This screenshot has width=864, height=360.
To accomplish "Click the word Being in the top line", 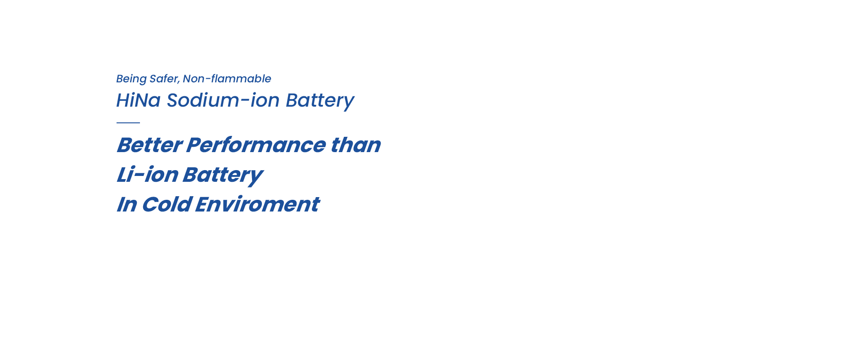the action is [x=131, y=79].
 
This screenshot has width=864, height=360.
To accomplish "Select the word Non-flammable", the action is [x=227, y=79].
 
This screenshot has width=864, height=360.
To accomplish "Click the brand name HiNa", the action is [x=138, y=100].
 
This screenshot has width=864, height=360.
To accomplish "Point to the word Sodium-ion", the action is [x=223, y=100].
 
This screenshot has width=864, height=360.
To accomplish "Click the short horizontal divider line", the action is [x=128, y=122].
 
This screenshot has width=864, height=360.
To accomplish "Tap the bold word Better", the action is [x=149, y=145].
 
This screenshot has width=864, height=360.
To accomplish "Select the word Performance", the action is [x=256, y=145].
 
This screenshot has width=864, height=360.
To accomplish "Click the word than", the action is [x=355, y=145].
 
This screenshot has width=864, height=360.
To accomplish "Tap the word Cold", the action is [x=166, y=204].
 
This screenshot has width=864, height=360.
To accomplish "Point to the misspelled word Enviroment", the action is [x=257, y=204].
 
